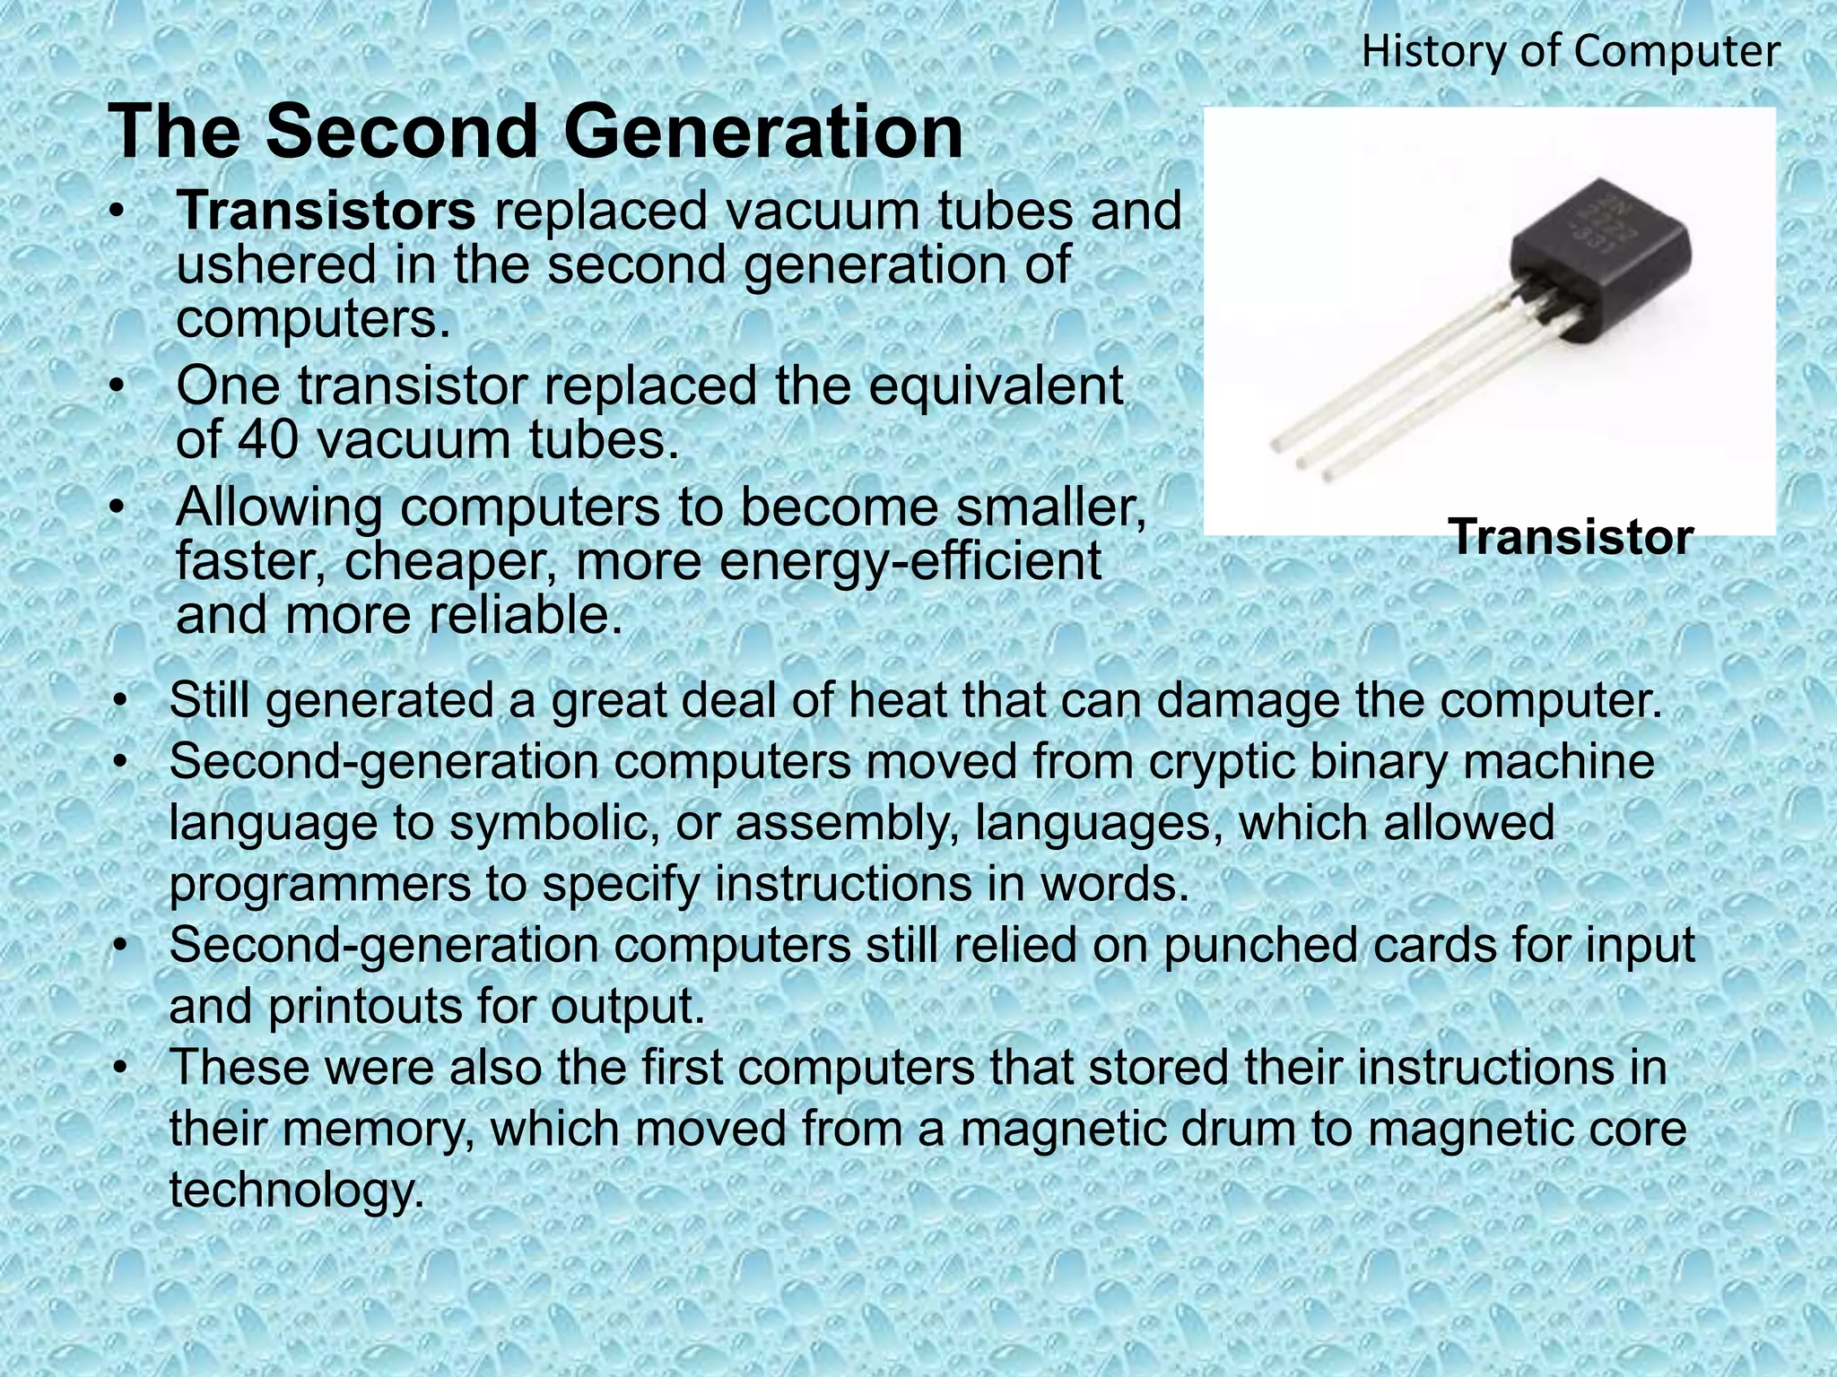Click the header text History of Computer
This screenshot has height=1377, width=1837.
click(1571, 52)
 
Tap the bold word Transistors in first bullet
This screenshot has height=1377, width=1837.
click(326, 212)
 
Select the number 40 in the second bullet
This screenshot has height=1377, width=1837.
click(267, 440)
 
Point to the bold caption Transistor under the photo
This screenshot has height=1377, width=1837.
click(1571, 538)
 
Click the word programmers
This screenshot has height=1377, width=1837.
click(319, 885)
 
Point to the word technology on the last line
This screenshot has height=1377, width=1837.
click(296, 1191)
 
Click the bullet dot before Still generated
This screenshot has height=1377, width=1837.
click(122, 701)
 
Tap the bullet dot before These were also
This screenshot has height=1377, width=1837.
click(122, 1068)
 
